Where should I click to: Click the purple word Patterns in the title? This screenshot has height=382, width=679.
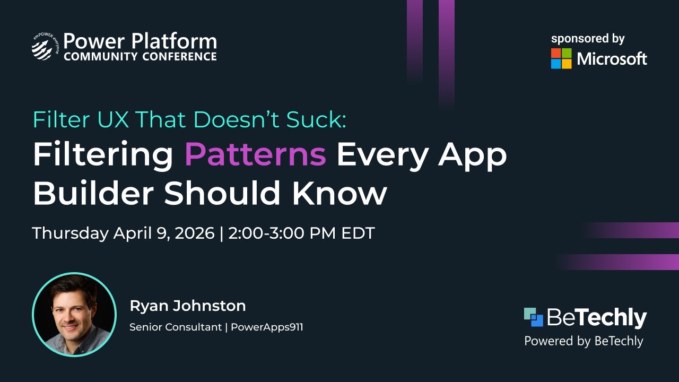pos(255,154)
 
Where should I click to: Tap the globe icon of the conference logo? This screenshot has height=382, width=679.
pos(42,48)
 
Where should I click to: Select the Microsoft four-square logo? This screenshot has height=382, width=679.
pos(561,58)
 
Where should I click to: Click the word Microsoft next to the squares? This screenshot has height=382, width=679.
pos(612,59)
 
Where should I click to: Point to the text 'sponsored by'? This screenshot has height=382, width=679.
pos(588,39)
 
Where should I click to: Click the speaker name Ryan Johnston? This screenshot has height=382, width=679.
pos(187,306)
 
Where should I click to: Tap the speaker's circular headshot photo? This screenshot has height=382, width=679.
pos(74,314)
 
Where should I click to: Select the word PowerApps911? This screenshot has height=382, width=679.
pos(267,327)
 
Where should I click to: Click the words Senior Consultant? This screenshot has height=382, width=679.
pos(175,327)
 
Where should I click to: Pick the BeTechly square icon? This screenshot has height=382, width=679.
pos(534,317)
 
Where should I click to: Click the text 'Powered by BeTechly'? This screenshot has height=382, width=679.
pos(584,341)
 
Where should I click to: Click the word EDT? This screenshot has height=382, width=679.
pos(359,233)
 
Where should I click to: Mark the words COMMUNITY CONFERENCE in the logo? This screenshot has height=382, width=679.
pos(140,56)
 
